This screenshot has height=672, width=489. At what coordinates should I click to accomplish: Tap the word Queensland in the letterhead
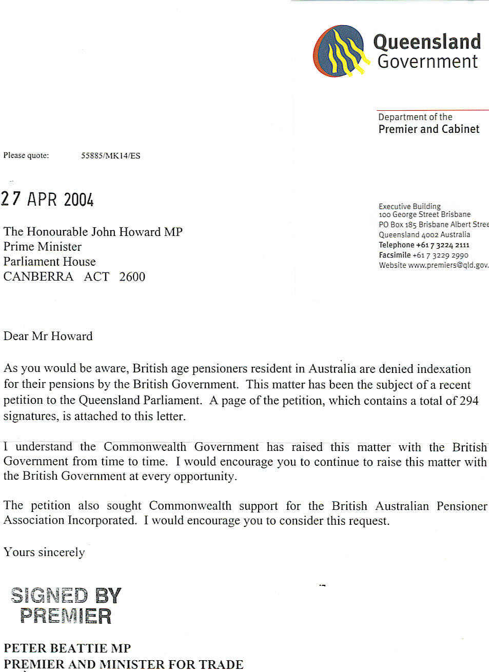tap(426, 42)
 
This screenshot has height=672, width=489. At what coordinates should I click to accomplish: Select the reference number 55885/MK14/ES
tap(110, 155)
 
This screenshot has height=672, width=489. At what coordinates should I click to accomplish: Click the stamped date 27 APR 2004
tap(47, 199)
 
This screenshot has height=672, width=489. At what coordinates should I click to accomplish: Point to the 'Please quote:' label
tap(26, 155)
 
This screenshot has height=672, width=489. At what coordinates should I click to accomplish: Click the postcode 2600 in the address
tap(132, 277)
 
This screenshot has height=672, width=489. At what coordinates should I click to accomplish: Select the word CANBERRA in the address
tap(38, 277)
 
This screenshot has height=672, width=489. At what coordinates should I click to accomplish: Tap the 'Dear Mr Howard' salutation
tap(48, 337)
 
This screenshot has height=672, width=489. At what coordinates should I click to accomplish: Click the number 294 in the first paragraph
tap(468, 401)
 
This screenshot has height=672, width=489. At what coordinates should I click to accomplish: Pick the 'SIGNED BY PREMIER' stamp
tap(66, 606)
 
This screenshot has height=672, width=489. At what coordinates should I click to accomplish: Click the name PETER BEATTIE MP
tap(67, 648)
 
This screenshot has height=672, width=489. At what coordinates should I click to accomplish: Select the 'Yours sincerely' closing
tap(44, 552)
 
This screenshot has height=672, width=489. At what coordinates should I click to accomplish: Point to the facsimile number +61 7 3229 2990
tap(440, 255)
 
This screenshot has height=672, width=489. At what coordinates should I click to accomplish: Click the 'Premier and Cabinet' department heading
tap(429, 129)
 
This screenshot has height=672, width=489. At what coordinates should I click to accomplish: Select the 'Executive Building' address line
tap(409, 206)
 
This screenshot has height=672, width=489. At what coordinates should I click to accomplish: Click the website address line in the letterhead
tap(434, 265)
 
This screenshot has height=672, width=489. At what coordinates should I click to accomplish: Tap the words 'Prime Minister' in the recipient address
tap(43, 247)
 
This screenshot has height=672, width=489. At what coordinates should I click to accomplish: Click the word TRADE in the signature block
tap(221, 664)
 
